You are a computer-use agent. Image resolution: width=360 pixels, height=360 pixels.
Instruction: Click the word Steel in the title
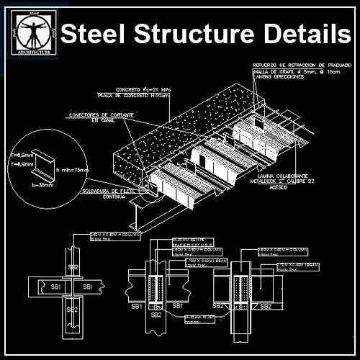[x=94, y=34]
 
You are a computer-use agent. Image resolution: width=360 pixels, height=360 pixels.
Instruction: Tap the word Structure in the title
[x=197, y=34]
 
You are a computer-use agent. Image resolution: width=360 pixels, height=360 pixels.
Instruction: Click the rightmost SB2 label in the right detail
[x=265, y=306]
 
